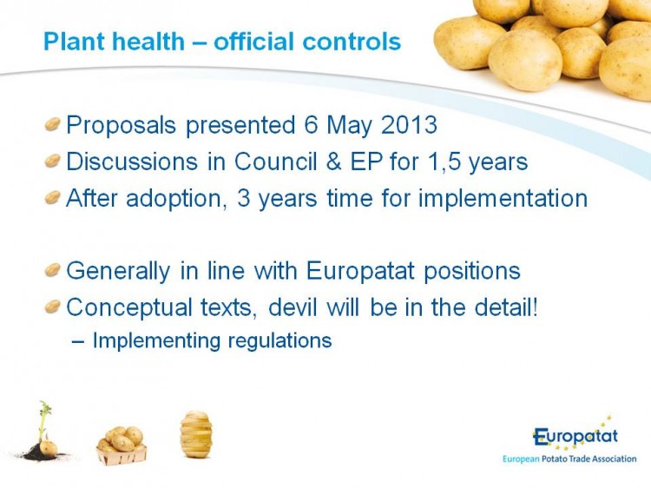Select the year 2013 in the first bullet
[x=409, y=124]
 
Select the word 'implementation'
[x=503, y=198]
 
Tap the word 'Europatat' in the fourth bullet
[x=360, y=271]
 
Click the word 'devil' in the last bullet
[x=293, y=307]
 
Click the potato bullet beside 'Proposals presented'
[x=53, y=124]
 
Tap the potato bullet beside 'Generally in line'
[x=53, y=270]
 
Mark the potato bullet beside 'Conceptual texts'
[x=53, y=307]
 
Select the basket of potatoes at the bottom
[x=122, y=446]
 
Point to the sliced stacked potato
[x=196, y=434]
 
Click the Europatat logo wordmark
[x=575, y=437]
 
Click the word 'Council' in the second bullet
[x=276, y=162]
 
